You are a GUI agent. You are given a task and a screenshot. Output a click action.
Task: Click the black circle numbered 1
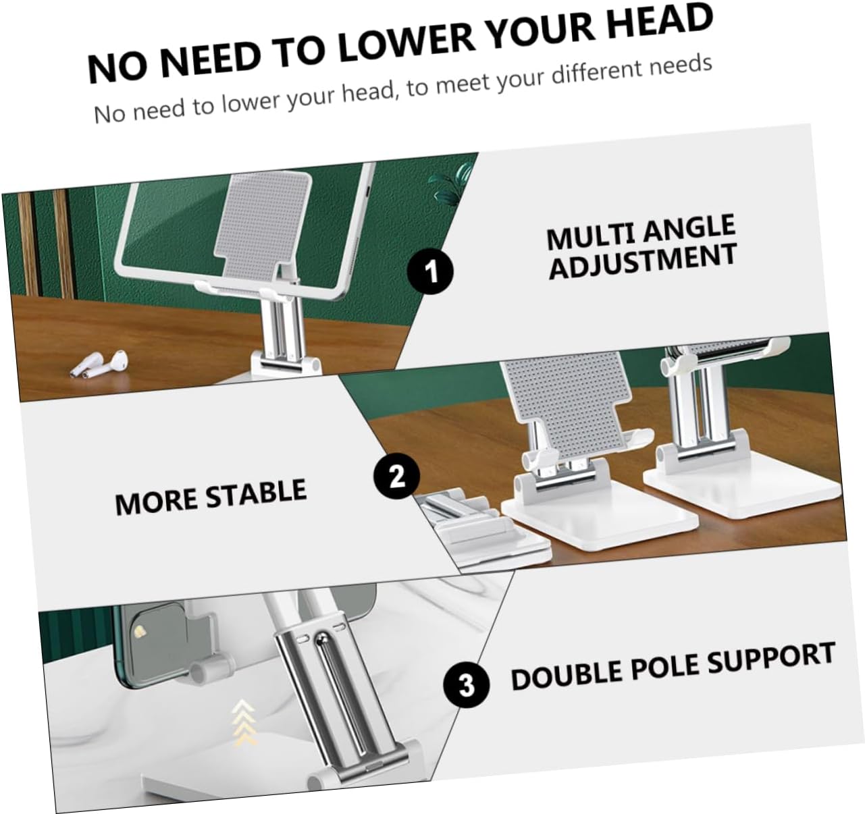(x=431, y=272)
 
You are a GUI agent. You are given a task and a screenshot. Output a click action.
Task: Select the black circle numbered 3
(x=467, y=686)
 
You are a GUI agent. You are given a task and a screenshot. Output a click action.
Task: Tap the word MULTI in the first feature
(x=585, y=237)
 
